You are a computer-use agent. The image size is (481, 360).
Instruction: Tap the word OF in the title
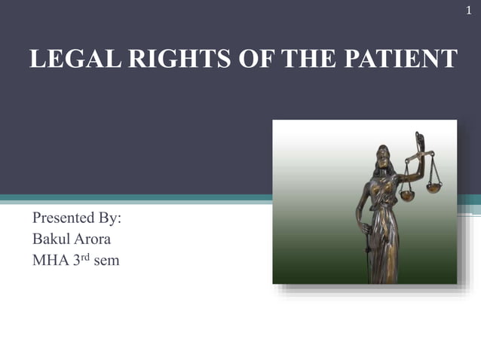(x=240, y=59)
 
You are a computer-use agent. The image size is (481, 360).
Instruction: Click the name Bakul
(x=52, y=240)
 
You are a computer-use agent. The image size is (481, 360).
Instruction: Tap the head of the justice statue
(x=384, y=154)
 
